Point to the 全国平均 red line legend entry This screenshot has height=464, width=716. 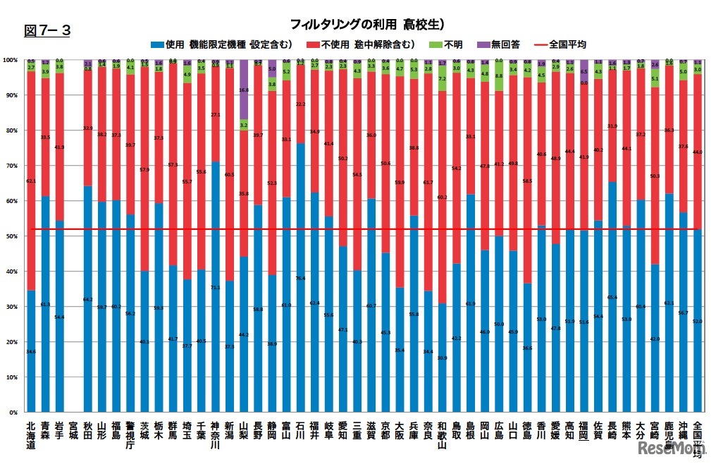point(560,44)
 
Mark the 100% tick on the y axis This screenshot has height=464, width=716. point(12,60)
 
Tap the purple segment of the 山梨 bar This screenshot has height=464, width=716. point(243,89)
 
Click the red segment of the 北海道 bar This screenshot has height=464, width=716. point(30,181)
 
